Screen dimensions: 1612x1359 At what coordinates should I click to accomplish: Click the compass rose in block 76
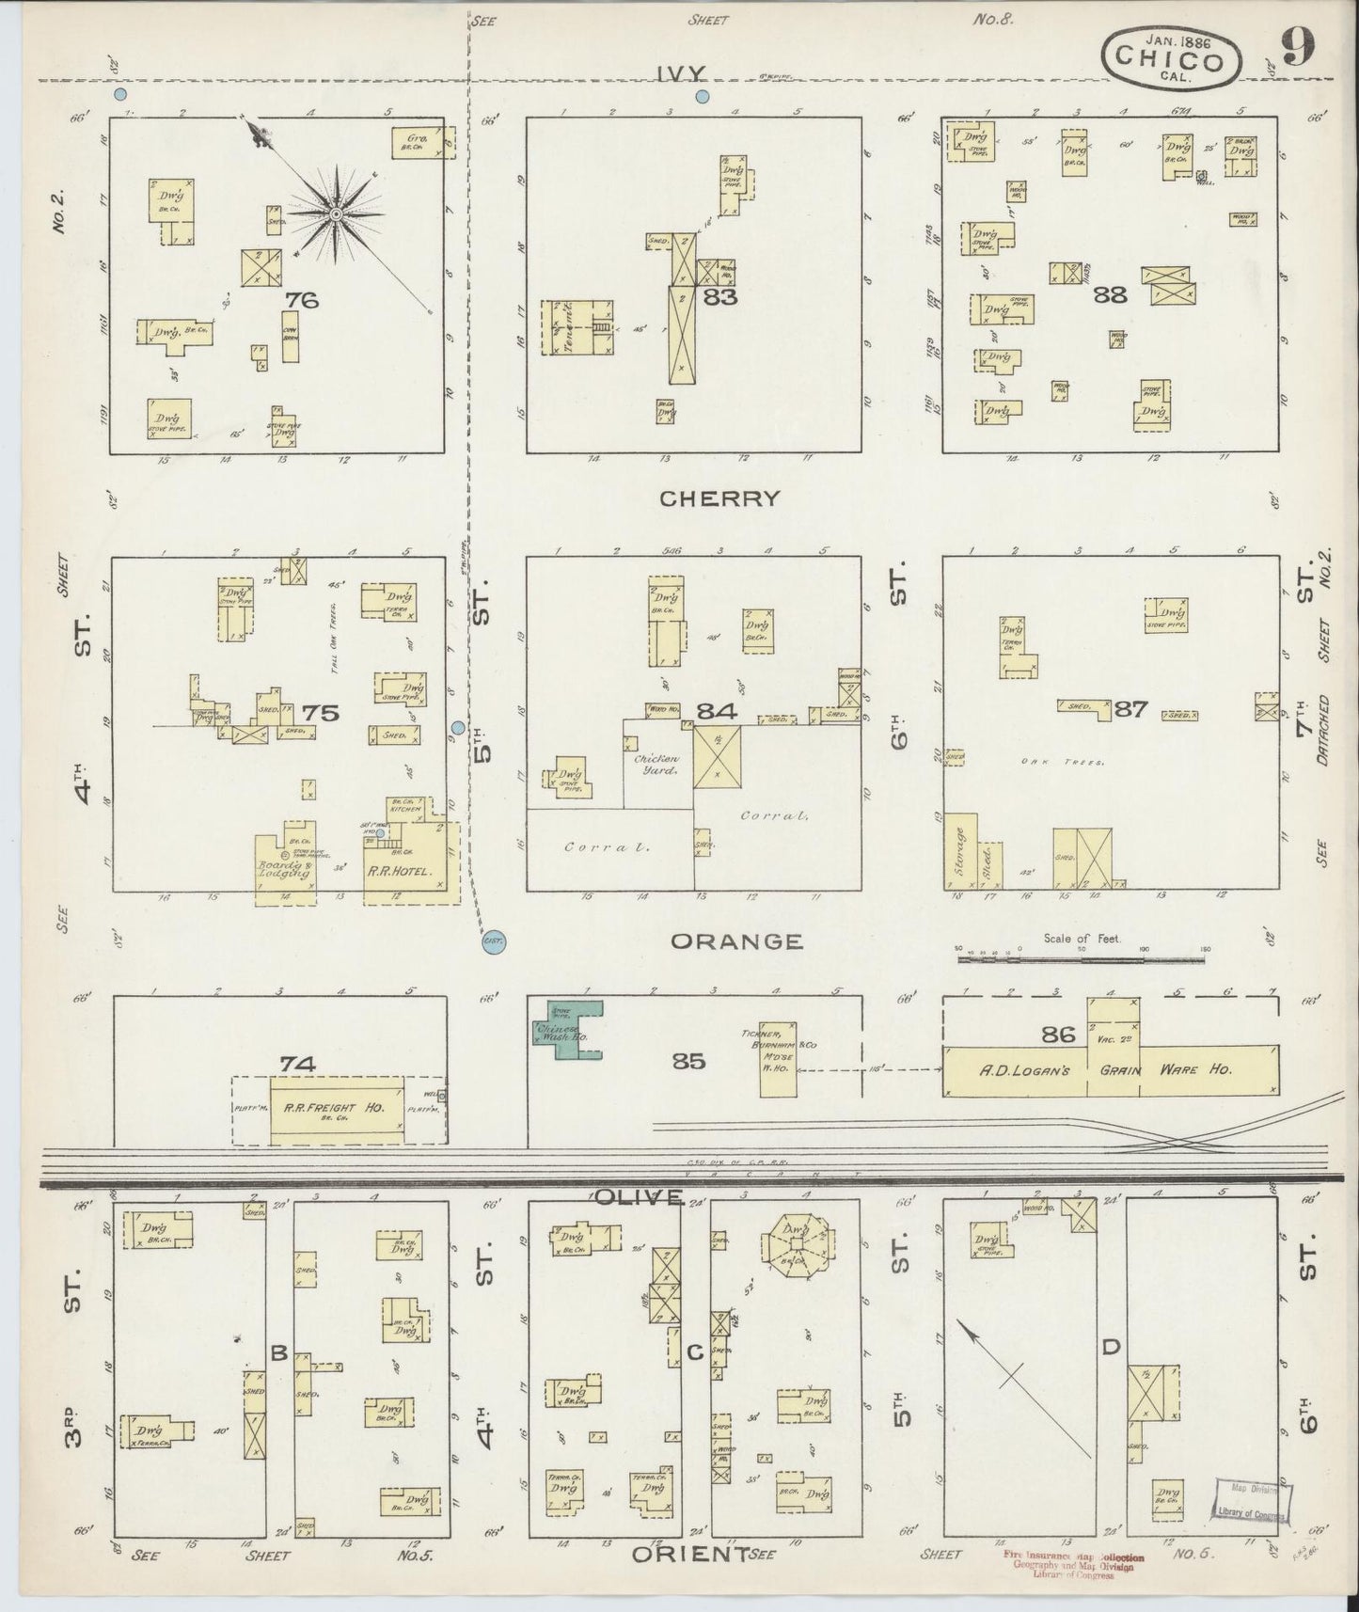(335, 215)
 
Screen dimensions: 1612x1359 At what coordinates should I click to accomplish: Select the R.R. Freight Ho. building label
(336, 1108)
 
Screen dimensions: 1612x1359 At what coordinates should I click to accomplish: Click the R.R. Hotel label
(405, 871)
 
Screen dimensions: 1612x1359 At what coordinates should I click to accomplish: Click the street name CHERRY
(719, 498)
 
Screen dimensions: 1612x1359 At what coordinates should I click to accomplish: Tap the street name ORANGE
(736, 940)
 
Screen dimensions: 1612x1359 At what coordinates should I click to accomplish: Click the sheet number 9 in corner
(1297, 47)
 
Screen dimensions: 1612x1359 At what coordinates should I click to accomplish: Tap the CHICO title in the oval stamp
(1170, 60)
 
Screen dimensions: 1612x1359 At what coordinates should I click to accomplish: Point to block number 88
(1109, 294)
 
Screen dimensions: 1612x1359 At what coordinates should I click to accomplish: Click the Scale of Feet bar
(1082, 959)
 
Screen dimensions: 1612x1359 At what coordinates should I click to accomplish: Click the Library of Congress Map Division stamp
(1253, 1512)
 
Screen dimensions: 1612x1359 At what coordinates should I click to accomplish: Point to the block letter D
(1110, 1348)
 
